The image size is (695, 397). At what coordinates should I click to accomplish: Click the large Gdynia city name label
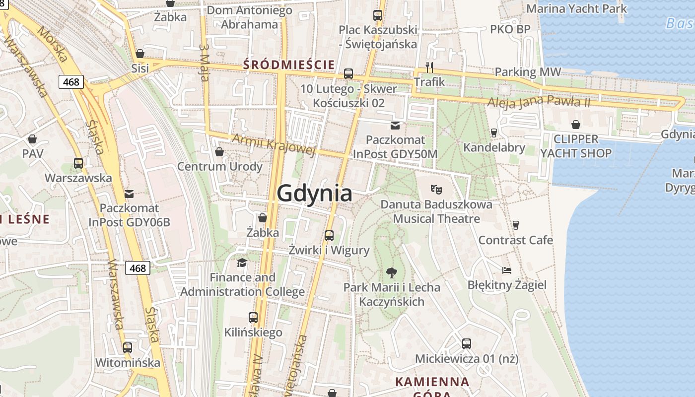[x=315, y=193]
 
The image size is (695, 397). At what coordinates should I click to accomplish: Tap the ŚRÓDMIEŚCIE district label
[x=288, y=65]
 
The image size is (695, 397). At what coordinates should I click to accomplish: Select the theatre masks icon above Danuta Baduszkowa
[x=436, y=189]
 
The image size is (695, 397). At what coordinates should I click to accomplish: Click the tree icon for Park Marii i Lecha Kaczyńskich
[x=392, y=272]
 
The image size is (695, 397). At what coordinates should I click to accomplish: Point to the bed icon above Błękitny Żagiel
[x=507, y=270]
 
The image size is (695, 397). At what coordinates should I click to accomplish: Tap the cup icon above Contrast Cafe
[x=516, y=225]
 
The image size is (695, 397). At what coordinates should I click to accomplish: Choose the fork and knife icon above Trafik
[x=429, y=67]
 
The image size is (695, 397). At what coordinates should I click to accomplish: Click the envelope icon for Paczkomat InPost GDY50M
[x=395, y=126]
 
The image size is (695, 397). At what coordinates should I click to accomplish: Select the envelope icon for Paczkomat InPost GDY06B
[x=129, y=194]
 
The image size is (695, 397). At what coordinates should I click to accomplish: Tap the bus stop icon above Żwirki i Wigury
[x=329, y=235]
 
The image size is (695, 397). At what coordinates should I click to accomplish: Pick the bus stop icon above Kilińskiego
[x=253, y=317]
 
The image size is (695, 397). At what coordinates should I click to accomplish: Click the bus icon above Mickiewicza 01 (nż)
[x=467, y=343]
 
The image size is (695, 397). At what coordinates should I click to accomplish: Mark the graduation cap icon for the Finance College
[x=242, y=263]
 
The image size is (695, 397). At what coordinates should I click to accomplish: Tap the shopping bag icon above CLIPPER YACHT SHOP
[x=576, y=124]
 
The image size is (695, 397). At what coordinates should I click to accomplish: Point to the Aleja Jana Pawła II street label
[x=539, y=102]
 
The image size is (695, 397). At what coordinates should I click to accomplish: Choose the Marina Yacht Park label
[x=576, y=8]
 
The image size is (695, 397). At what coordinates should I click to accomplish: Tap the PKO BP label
[x=510, y=29]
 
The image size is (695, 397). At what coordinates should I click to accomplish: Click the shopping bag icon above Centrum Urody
[x=219, y=152]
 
